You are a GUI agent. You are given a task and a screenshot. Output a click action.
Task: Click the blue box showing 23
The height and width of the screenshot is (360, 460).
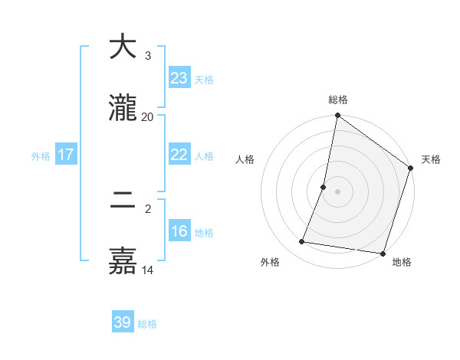[x=179, y=78]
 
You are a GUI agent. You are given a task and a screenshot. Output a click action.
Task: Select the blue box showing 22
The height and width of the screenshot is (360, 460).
[x=179, y=155]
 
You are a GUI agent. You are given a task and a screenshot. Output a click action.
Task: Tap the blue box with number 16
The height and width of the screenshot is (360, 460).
[x=179, y=231]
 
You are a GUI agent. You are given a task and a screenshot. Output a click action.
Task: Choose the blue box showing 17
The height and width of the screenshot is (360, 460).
[x=66, y=155]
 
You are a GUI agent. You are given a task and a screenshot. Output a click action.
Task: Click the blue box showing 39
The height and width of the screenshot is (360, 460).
[x=123, y=322]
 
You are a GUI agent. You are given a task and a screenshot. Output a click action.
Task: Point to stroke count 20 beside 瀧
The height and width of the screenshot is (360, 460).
[x=148, y=117]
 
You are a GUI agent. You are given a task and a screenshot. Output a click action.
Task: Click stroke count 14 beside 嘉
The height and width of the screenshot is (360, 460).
[x=148, y=270]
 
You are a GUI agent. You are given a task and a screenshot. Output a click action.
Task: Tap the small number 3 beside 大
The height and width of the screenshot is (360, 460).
[x=148, y=56]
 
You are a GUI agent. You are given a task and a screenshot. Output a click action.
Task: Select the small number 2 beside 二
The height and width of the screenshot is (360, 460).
[x=148, y=209]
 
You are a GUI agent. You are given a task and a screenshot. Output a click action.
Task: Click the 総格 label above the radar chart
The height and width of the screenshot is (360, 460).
[x=338, y=100]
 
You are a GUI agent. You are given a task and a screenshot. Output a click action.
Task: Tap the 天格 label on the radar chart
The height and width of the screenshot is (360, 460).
[x=431, y=159]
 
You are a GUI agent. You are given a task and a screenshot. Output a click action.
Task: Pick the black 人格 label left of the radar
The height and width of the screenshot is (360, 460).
[x=245, y=159]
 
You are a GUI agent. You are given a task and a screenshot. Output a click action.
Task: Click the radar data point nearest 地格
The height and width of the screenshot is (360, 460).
[x=383, y=253]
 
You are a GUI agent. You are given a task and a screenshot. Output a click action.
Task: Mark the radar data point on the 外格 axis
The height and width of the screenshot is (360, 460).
[x=302, y=242]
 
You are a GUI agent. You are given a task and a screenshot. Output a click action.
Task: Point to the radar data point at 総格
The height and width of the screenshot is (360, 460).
[x=337, y=116]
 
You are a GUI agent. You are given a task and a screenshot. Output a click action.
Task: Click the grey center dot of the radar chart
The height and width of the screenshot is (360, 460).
[x=337, y=191]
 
